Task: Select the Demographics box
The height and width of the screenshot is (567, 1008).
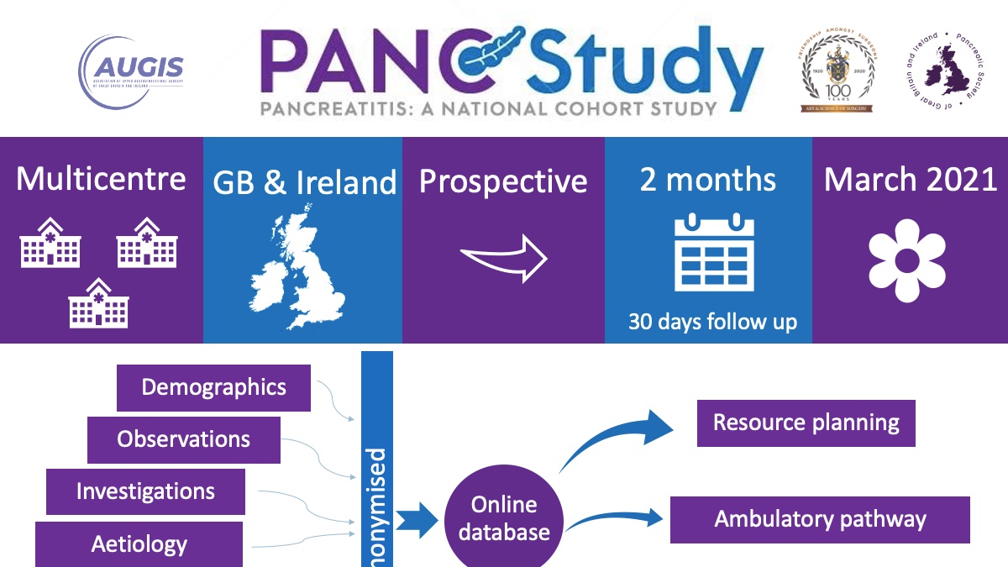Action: click(213, 387)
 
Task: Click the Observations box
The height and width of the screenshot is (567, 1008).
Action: click(183, 439)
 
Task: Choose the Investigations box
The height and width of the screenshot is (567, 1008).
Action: click(145, 491)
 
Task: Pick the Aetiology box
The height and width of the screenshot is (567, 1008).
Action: click(139, 543)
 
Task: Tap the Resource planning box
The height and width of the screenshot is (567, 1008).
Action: click(806, 423)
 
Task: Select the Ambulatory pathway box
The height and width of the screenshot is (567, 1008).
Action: click(820, 519)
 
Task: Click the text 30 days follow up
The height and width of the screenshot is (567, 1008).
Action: click(712, 322)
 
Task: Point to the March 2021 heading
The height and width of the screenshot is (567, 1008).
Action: click(911, 181)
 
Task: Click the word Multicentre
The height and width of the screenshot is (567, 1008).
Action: click(102, 179)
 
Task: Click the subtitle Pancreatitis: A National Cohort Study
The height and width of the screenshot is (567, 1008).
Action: click(487, 108)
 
